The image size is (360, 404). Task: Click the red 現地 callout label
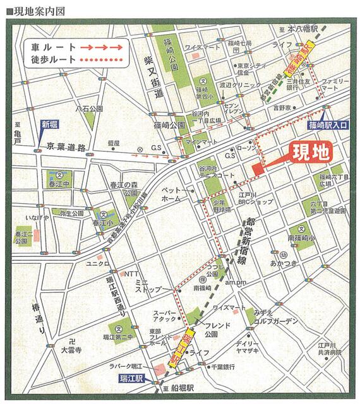(312, 154)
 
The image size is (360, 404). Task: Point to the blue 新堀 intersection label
(49, 125)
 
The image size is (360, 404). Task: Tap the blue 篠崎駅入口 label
(329, 126)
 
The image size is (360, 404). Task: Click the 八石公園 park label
(89, 109)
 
